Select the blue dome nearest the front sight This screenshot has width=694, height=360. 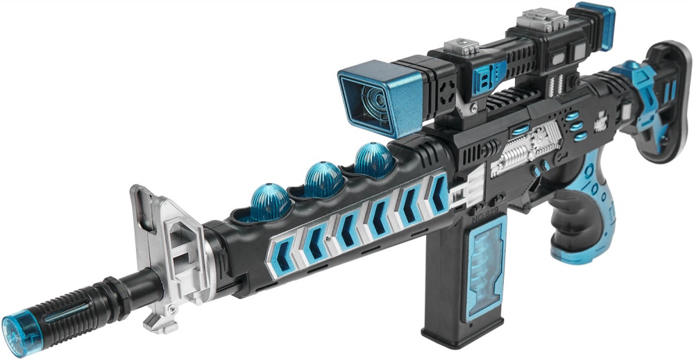pos(269,202)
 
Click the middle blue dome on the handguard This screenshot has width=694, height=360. pos(323,178)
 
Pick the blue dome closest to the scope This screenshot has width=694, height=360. pos(375,159)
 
